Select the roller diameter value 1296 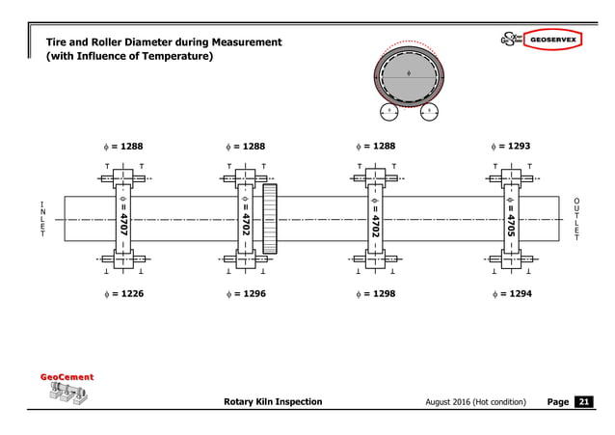point(253,293)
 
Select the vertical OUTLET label point(575,219)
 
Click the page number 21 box point(584,401)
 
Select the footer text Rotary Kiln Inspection point(273,401)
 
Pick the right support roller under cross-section point(428,112)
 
